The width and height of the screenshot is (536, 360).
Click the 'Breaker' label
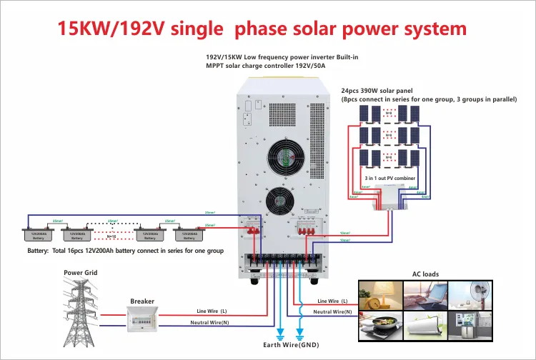142,301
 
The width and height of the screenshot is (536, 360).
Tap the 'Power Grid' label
80,273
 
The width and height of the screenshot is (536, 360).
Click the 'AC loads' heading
425,274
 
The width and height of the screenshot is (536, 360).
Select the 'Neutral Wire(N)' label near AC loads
333,311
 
